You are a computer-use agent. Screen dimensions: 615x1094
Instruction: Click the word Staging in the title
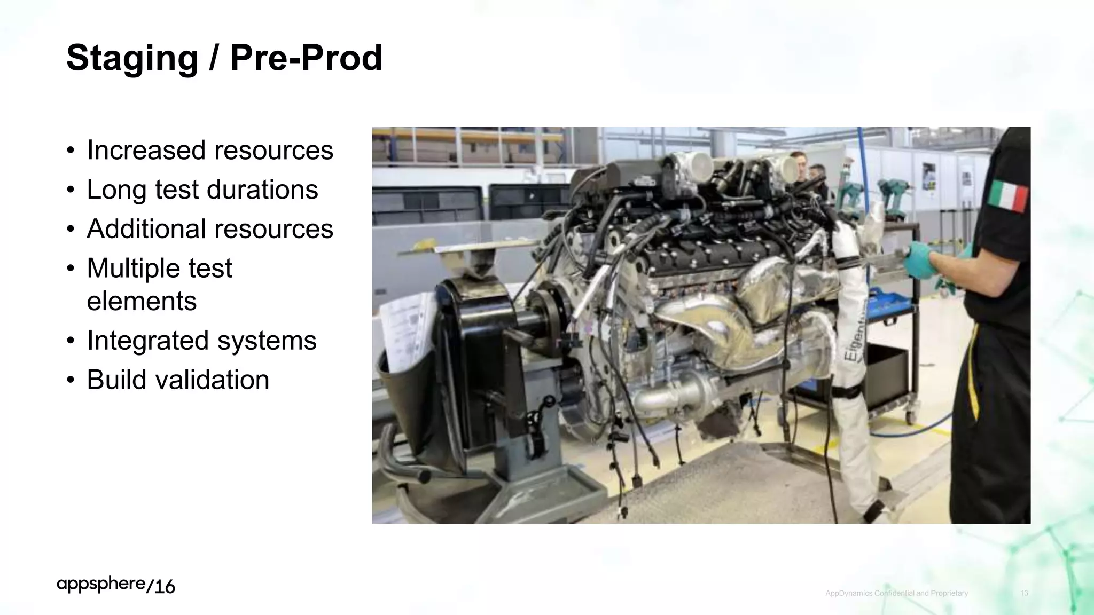(132, 59)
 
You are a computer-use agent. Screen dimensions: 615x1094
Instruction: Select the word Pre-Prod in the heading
(306, 58)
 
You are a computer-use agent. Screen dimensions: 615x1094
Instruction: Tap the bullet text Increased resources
(210, 150)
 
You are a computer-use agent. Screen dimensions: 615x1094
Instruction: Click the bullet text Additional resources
(210, 229)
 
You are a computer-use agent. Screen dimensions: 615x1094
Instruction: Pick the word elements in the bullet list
(142, 301)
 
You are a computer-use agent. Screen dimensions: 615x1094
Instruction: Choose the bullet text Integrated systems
(201, 341)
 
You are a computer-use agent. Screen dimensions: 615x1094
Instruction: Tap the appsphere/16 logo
(116, 585)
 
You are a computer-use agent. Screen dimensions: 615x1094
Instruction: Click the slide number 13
(1024, 593)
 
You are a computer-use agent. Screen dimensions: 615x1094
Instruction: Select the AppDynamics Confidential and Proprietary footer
(896, 593)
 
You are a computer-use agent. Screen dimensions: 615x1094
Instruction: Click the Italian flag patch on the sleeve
(1007, 196)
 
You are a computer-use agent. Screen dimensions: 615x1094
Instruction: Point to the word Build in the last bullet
(116, 380)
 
